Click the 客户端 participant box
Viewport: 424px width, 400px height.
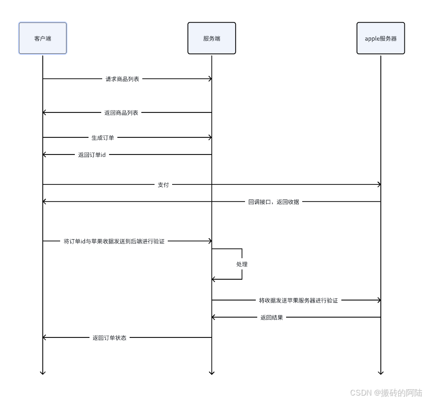[x=43, y=38]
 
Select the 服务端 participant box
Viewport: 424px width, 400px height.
[x=212, y=38]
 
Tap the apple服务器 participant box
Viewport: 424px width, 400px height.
[x=380, y=38]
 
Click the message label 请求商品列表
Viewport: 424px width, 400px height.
[x=122, y=79]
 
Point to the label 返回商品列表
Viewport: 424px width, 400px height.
[x=121, y=112]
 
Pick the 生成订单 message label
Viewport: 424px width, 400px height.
[x=103, y=137]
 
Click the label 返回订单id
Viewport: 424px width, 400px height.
[x=92, y=155]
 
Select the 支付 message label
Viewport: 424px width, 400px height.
[x=163, y=185]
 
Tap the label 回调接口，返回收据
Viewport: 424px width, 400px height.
[x=274, y=201]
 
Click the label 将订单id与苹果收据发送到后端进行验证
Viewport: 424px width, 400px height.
[x=114, y=241]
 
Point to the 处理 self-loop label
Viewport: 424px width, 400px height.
[x=242, y=264]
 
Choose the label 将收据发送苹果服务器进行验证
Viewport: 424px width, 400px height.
[x=298, y=300]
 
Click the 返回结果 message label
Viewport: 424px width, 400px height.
[x=271, y=317]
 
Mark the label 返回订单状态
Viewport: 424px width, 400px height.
[x=110, y=337]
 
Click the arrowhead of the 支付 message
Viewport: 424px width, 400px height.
[x=379, y=185]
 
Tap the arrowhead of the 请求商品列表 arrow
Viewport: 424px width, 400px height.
[x=209, y=79]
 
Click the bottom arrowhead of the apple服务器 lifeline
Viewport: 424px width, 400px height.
[x=381, y=372]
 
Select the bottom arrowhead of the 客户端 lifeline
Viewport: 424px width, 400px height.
[x=43, y=372]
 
